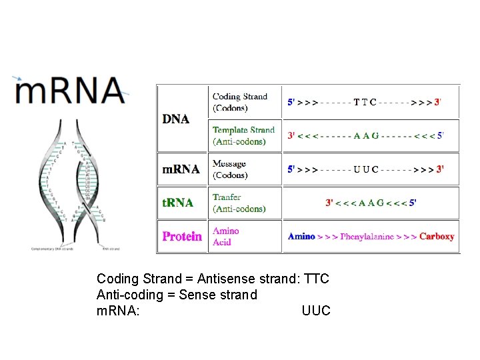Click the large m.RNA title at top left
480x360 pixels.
pyautogui.click(x=70, y=91)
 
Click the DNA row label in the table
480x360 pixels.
pyautogui.click(x=176, y=119)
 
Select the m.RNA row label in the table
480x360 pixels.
pyautogui.click(x=181, y=169)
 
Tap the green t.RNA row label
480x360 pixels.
pyautogui.click(x=178, y=203)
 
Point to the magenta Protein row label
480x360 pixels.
pyautogui.click(x=182, y=237)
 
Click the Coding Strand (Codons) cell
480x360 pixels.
pyautogui.click(x=240, y=102)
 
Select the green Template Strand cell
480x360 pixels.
pyautogui.click(x=243, y=135)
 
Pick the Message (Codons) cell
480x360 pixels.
pyautogui.click(x=230, y=169)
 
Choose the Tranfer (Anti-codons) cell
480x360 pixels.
pyautogui.click(x=239, y=203)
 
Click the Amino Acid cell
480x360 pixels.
pyautogui.click(x=226, y=237)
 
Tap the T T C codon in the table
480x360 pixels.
pyautogui.click(x=365, y=103)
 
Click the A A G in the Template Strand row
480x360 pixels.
pyautogui.click(x=366, y=135)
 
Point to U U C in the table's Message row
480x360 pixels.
pyautogui.click(x=365, y=169)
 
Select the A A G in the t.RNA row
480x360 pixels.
pyautogui.click(x=371, y=203)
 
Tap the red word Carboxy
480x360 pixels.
pyautogui.click(x=437, y=237)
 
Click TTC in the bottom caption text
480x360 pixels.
pyautogui.click(x=316, y=279)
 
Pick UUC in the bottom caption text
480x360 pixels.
pyautogui.click(x=316, y=311)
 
